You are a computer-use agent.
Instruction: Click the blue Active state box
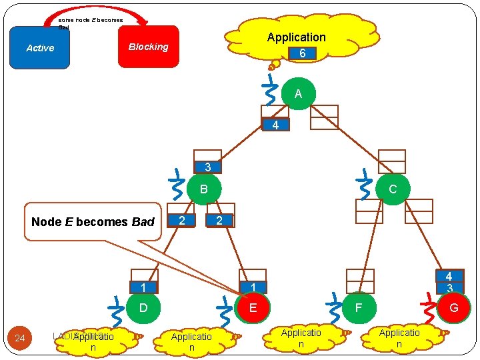[x=40, y=48]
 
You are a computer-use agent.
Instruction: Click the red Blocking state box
[x=149, y=47]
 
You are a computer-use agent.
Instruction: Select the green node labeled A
[x=298, y=94]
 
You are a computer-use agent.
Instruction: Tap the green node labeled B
[x=204, y=189]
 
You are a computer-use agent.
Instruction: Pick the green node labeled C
[x=392, y=189]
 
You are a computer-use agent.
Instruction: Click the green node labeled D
[x=143, y=308]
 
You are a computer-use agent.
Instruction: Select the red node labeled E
[x=253, y=308]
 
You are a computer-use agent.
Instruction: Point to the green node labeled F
[x=359, y=308]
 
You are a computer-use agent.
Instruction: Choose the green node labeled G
[x=453, y=308]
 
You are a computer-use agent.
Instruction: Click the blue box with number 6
[x=302, y=53]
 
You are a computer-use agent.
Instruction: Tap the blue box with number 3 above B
[x=208, y=167]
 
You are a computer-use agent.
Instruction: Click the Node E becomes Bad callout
[x=93, y=221]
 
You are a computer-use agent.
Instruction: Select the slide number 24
[x=20, y=339]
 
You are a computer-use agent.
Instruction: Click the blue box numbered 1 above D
[x=143, y=287]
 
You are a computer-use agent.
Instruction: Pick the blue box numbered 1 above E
[x=253, y=287]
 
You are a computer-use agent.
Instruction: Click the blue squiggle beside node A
[x=271, y=90]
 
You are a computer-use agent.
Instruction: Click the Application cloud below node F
[x=301, y=337]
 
